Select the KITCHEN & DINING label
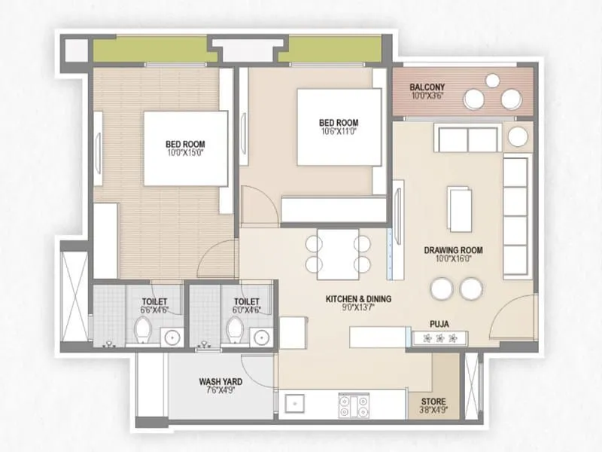(x=358, y=299)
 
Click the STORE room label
(x=433, y=401)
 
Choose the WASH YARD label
(x=220, y=382)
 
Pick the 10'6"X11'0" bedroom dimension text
(x=339, y=132)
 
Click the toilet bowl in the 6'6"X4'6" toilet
(x=143, y=328)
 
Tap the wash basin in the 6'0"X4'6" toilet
(x=261, y=336)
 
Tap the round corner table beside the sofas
(x=518, y=136)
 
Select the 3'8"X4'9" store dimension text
(x=433, y=411)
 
